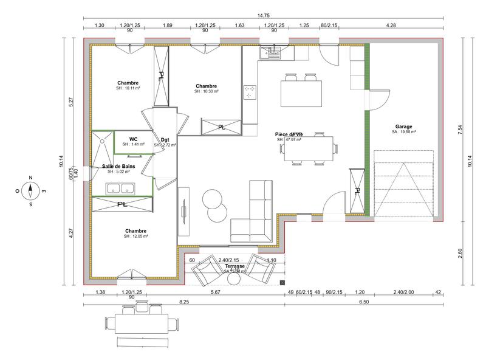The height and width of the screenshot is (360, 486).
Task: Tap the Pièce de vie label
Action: pos(289,134)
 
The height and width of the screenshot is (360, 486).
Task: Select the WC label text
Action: pos(133,139)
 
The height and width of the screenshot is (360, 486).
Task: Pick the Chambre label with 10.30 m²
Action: pos(206,86)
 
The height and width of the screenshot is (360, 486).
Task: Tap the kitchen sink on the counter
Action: pos(269,54)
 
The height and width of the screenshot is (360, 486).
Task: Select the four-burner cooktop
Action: pos(250,92)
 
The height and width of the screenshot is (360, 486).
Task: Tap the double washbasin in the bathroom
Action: pos(120,188)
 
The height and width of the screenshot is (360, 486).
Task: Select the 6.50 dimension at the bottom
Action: pos(364,302)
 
